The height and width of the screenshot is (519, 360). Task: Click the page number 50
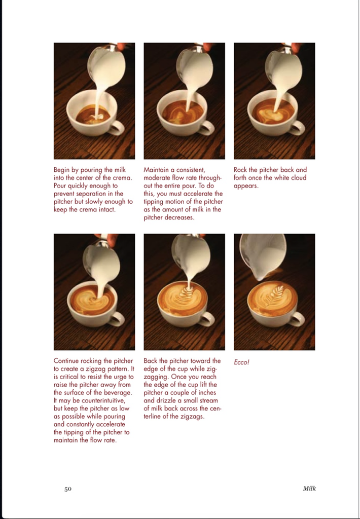click(67, 489)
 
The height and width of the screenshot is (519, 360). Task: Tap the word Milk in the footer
click(309, 489)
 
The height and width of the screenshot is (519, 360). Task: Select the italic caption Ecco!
click(243, 363)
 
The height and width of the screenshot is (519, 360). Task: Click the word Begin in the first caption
click(63, 170)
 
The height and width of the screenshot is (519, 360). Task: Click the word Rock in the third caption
click(241, 170)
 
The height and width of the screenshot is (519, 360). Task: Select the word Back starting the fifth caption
click(151, 361)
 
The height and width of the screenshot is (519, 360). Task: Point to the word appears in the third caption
click(246, 186)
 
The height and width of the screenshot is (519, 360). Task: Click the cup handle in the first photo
click(117, 127)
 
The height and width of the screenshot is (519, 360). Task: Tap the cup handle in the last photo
click(297, 319)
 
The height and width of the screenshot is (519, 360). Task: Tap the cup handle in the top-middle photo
click(207, 127)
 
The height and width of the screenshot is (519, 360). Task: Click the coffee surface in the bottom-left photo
click(91, 300)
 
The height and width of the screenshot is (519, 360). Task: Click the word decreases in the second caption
click(179, 217)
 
